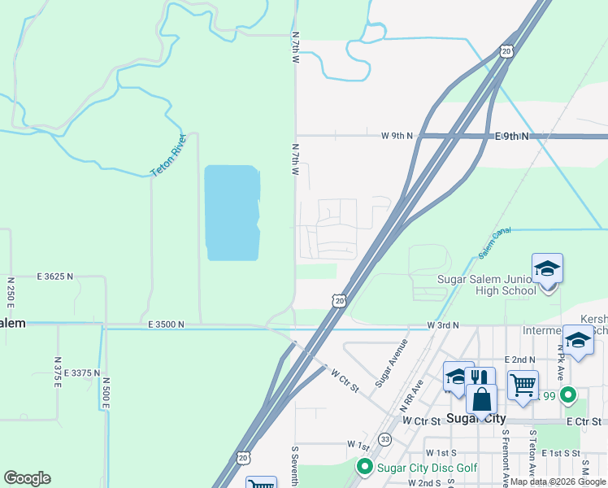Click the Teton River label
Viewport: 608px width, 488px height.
point(169,155)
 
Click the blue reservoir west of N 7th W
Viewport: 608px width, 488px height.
point(232,213)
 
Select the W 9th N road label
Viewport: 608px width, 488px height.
point(397,136)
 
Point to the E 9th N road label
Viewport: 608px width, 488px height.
point(512,137)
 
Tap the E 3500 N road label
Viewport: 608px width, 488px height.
point(167,324)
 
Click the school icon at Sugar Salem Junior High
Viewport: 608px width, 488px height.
point(547,268)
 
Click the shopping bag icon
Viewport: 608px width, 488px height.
point(481,400)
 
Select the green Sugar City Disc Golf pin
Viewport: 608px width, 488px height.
point(364,467)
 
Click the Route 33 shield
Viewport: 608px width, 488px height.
point(384,439)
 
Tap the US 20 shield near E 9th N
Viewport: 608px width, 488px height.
point(506,51)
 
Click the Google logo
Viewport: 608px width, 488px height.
point(27,478)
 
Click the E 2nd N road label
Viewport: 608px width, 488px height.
point(519,359)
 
